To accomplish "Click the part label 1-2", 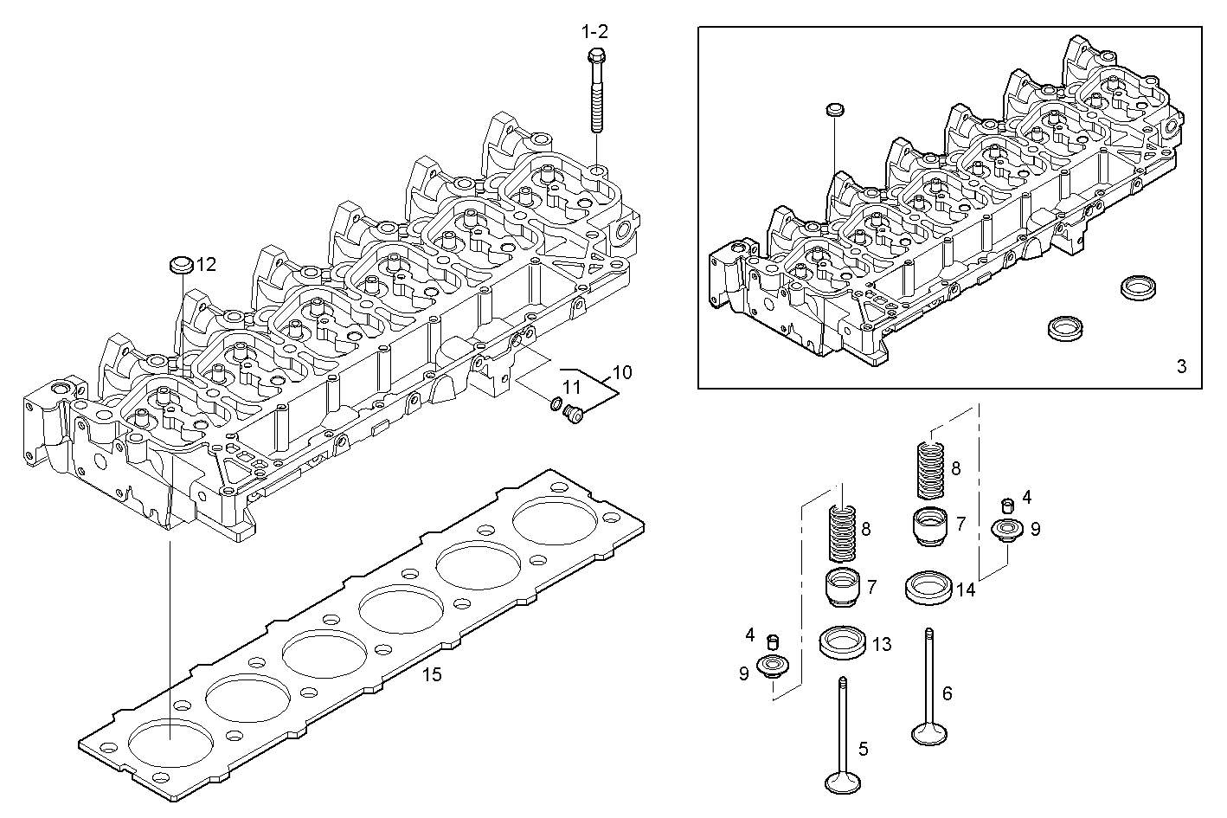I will pos(594,32).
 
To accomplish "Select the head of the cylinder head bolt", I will pos(595,57).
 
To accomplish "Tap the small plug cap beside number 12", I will pos(179,264).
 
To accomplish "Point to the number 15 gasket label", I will pos(431,674).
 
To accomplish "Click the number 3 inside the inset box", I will pos(1181,366).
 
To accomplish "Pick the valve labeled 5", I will pos(841,736).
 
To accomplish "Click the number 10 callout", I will pos(622,373).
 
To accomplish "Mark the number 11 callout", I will pos(572,386).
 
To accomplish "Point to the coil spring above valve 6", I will pos(929,469).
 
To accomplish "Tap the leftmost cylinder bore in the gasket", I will pos(170,744).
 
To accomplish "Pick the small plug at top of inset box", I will pos(835,110).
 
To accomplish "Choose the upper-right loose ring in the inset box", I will pos(1136,288).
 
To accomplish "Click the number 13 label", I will pos(881,644).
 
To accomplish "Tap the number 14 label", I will pos(966,590).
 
